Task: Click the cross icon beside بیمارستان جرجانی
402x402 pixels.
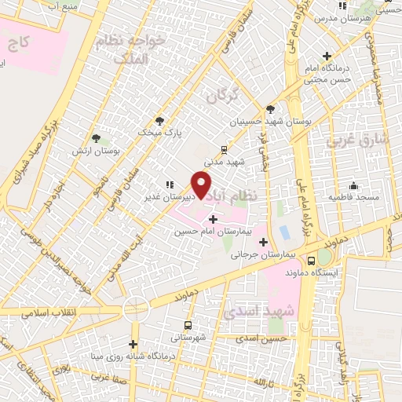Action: click(x=263, y=242)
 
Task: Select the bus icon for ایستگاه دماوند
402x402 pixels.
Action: click(x=312, y=260)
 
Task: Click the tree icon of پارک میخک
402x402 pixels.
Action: click(x=161, y=121)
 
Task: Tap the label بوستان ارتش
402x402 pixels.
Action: click(x=96, y=150)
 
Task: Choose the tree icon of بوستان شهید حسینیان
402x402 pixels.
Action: click(x=271, y=109)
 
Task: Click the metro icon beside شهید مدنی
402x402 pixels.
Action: click(x=224, y=148)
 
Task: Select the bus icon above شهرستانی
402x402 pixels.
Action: click(x=188, y=325)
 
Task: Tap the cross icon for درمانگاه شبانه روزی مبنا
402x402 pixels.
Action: click(x=133, y=343)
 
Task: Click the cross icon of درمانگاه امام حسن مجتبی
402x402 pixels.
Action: click(x=327, y=56)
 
